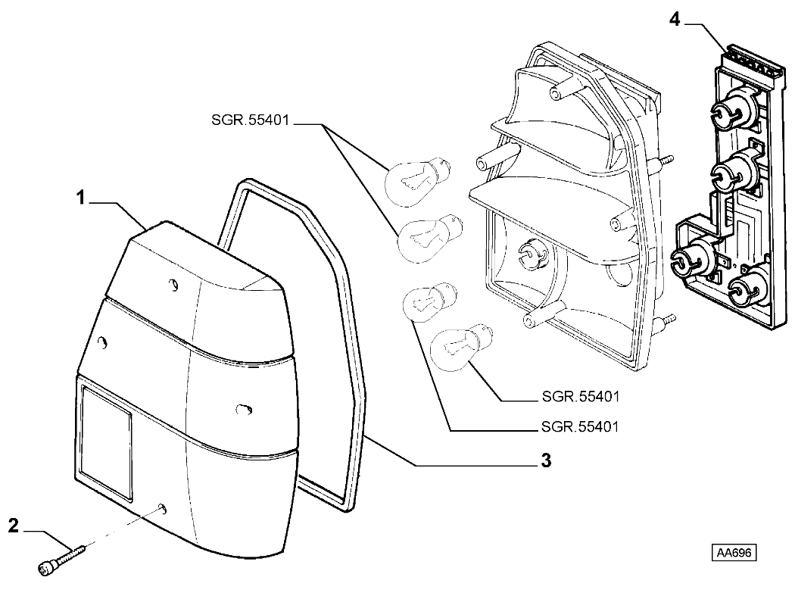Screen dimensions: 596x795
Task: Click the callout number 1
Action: click(79, 198)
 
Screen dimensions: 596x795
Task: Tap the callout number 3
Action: click(545, 460)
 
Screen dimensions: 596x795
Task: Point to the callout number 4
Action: click(675, 20)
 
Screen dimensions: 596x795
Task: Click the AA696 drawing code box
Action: click(734, 553)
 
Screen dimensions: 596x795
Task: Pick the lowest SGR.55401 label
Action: click(581, 427)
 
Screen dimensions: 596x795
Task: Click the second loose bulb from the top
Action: click(424, 236)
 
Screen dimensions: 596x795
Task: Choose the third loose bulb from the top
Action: click(429, 301)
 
